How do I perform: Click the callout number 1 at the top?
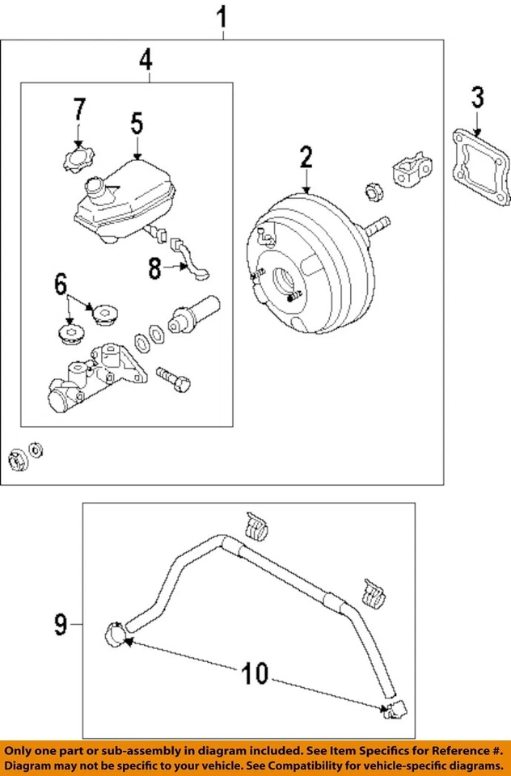(223, 16)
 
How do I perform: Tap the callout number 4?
(146, 61)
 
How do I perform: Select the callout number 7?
(80, 109)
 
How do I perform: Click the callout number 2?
(306, 157)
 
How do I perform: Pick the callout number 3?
(477, 98)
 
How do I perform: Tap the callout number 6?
(61, 285)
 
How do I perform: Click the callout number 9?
(61, 624)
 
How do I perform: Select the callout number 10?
(255, 673)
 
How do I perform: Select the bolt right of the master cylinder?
(173, 379)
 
